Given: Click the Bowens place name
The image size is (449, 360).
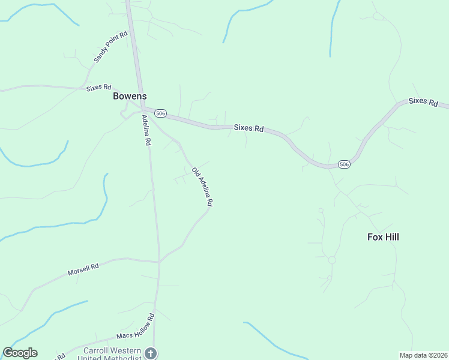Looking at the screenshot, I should pyautogui.click(x=130, y=96).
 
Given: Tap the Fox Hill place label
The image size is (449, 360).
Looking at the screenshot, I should pyautogui.click(x=383, y=237).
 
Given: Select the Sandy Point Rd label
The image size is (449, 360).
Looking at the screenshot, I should pyautogui.click(x=111, y=48).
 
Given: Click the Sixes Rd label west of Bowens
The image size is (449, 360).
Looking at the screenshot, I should pyautogui.click(x=99, y=88).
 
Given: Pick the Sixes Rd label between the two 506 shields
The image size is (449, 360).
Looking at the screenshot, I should pyautogui.click(x=249, y=128).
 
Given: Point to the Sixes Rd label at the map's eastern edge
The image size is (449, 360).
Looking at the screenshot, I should pyautogui.click(x=423, y=101).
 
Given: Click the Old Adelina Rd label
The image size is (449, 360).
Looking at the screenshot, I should pyautogui.click(x=202, y=187).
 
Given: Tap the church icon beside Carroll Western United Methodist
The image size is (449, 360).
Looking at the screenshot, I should pyautogui.click(x=151, y=353).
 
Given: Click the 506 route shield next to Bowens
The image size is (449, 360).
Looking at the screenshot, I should pyautogui.click(x=160, y=113).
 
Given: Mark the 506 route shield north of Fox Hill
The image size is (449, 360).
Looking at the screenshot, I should pyautogui.click(x=344, y=164).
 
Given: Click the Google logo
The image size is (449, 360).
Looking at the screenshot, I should pyautogui.click(x=20, y=353).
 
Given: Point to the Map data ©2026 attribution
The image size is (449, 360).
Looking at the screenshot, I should pyautogui.click(x=423, y=355).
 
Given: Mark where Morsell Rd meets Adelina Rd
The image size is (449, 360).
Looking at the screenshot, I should pyautogui.click(x=159, y=262).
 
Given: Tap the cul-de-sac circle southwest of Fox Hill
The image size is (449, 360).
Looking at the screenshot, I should pyautogui.click(x=331, y=260).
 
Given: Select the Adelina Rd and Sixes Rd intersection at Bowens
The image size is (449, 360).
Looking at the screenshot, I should pyautogui.click(x=143, y=109).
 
